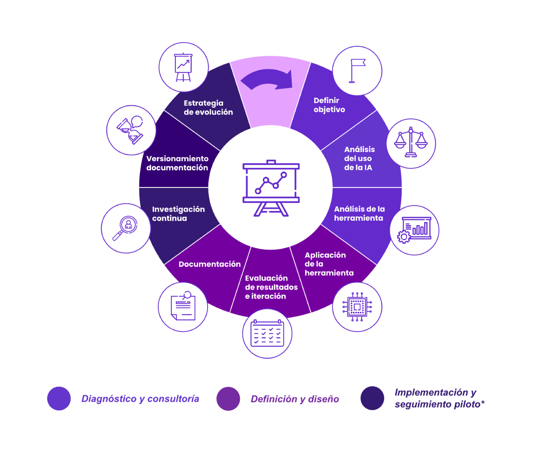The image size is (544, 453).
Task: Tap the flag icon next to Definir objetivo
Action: coord(357,71)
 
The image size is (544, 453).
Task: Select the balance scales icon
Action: coord(411,143)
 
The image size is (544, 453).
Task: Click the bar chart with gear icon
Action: coord(414,230)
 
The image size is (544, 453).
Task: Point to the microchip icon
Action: coord(357,307)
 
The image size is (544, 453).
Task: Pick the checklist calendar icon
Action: coord(267,334)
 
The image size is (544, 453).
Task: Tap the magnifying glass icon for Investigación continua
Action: coord(125,228)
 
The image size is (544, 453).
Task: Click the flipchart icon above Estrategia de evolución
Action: coord(184,67)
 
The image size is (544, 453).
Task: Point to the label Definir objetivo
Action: coord(329,105)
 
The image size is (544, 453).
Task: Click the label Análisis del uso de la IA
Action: coord(359,158)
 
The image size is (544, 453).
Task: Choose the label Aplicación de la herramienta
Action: coord(329,264)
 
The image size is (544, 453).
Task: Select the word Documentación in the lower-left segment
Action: coord(209,264)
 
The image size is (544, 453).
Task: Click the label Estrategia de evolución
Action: coord(208,108)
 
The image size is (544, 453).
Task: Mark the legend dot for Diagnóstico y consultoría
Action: coord(59,399)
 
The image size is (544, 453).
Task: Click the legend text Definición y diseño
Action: coord(295,399)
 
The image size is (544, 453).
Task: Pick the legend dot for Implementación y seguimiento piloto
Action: coord(372,398)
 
